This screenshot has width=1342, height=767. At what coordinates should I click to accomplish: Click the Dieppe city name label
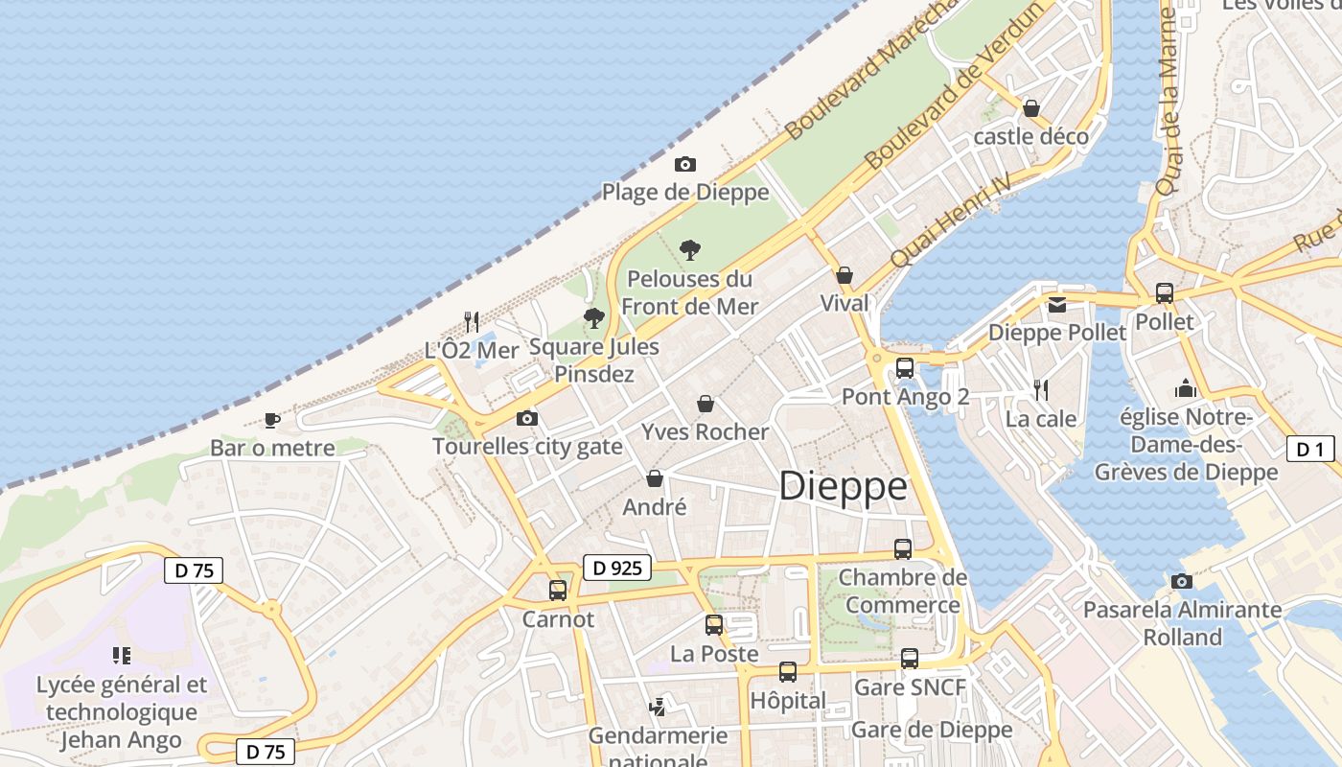(843, 487)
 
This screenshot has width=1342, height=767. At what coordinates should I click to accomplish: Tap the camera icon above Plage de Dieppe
(685, 164)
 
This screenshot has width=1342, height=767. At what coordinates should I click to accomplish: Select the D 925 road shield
(617, 568)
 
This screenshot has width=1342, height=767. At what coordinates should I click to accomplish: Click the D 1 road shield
(1310, 449)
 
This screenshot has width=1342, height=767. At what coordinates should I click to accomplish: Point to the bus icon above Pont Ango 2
(904, 367)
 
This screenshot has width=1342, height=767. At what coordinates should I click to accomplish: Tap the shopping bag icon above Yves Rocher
(706, 404)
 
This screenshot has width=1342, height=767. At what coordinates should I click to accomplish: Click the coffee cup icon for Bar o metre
(272, 420)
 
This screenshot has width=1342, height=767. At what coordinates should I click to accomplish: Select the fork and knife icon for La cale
(1041, 389)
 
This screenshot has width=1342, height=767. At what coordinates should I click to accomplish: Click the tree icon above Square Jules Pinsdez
(594, 317)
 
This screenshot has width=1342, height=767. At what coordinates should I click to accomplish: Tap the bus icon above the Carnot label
(558, 590)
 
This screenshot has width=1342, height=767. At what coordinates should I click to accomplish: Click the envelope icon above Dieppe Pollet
(1056, 305)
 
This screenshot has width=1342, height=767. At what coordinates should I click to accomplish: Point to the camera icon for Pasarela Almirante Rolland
(1182, 581)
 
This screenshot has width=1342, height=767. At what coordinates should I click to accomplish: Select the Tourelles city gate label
(527, 447)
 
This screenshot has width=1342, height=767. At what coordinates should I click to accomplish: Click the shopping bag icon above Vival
(845, 275)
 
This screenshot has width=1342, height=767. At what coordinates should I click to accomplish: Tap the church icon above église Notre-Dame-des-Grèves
(1186, 389)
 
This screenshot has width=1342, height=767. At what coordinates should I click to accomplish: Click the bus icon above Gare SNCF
(910, 659)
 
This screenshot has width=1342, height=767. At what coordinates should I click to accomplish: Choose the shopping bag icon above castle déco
(1031, 108)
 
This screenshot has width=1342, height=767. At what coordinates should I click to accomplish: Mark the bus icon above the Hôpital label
(788, 671)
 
